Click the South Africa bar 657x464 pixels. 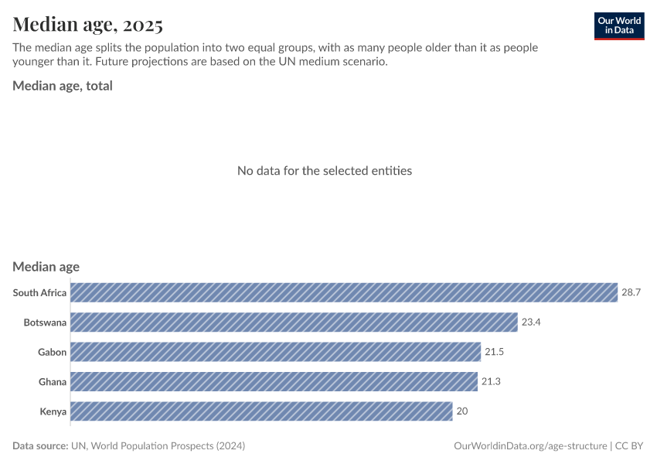click(x=344, y=292)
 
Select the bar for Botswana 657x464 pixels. click(x=294, y=322)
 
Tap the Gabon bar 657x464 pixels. click(x=276, y=352)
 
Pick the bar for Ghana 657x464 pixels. click(x=274, y=381)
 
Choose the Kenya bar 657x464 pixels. click(x=261, y=411)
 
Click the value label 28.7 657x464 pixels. click(x=631, y=292)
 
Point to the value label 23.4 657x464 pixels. click(x=531, y=322)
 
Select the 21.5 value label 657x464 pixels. click(x=495, y=352)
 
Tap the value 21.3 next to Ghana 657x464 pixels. click(x=492, y=381)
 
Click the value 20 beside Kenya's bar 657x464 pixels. click(x=462, y=411)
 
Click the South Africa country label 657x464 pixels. click(x=39, y=292)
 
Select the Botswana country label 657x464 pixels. click(x=45, y=322)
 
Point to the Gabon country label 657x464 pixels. click(x=52, y=352)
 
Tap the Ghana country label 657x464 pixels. click(x=53, y=381)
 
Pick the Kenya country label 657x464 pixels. click(x=53, y=411)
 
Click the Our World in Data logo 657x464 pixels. click(x=618, y=26)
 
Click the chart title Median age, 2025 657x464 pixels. click(x=87, y=25)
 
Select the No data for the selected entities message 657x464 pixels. click(x=325, y=170)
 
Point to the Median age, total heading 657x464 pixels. click(x=63, y=86)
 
